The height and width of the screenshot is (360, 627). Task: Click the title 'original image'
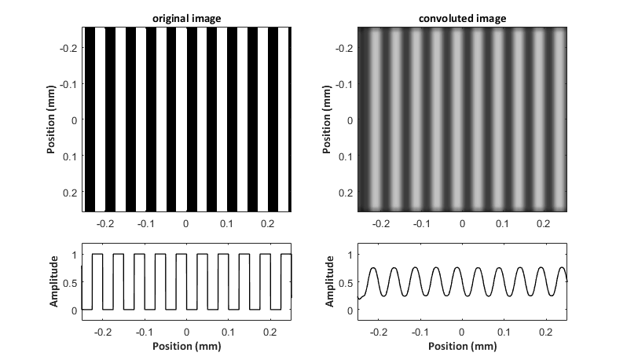click(186, 18)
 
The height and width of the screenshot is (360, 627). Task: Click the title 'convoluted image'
click(462, 18)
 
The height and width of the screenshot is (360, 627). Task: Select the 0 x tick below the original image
click(185, 223)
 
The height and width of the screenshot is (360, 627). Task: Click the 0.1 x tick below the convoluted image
click(502, 223)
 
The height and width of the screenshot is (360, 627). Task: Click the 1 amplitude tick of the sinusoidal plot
click(350, 255)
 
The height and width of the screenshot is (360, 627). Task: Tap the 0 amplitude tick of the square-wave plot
click(75, 310)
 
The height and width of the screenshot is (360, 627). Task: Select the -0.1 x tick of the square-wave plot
click(145, 332)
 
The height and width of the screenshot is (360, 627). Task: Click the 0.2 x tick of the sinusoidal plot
click(545, 332)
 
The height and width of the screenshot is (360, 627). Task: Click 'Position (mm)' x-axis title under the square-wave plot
click(187, 346)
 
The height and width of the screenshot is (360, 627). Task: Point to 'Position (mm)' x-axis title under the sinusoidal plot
click(463, 346)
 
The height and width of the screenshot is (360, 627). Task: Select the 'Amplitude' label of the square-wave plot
click(53, 281)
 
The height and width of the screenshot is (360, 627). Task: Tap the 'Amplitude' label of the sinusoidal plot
click(329, 281)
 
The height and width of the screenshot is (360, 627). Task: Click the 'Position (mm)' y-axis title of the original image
click(51, 119)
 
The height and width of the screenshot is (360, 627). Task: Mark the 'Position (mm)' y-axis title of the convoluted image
click(327, 119)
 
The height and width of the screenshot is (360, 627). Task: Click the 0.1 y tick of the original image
click(70, 156)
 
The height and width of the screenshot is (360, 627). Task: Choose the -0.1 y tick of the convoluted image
click(344, 84)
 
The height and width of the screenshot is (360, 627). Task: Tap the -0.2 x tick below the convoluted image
click(380, 223)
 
